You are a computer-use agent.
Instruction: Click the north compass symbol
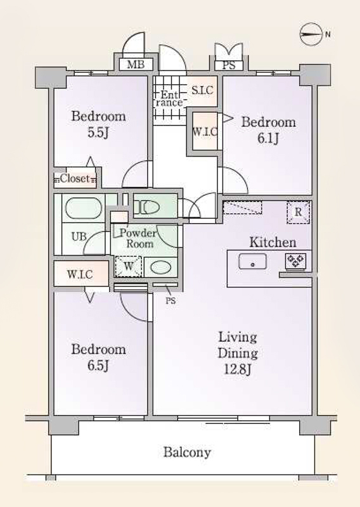coord(311,34)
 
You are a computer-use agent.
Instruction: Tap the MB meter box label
coord(136,65)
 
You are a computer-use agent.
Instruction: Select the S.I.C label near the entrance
coord(202,90)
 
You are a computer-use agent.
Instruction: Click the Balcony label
coord(187,452)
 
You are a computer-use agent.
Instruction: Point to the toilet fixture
coord(147,207)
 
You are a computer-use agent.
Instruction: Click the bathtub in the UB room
coord(84,209)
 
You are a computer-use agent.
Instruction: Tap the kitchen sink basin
coord(253,261)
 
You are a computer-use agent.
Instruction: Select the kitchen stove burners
coord(295,260)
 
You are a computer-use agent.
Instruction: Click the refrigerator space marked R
coord(299,212)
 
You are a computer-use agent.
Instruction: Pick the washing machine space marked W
coord(129,266)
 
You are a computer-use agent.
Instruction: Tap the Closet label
coord(75,178)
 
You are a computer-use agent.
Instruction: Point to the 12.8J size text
coord(238,369)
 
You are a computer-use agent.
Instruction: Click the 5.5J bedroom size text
coord(98,132)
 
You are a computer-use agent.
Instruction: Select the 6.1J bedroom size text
coord(268,138)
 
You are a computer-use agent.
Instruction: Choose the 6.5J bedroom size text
coord(98,366)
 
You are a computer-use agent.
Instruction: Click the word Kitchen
coord(273,242)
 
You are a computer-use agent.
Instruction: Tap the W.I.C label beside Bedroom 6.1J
coord(205,132)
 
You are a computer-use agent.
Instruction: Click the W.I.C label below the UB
coord(80,274)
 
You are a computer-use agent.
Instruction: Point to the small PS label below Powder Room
coord(170,300)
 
